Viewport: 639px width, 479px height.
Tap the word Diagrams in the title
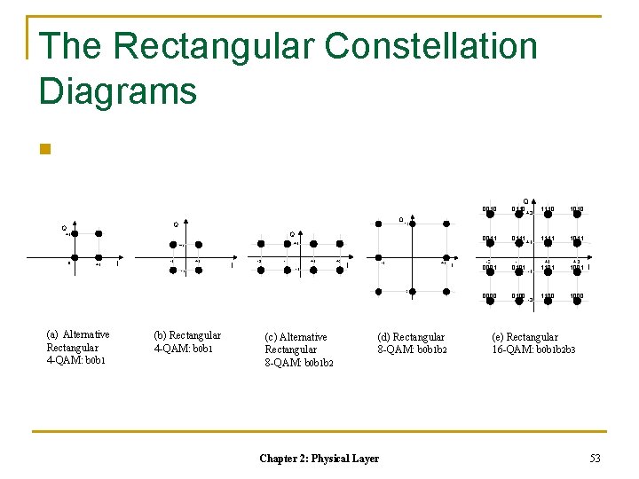[x=117, y=90]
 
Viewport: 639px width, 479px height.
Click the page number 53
[x=594, y=458]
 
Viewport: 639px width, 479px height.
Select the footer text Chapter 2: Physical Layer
[x=319, y=458]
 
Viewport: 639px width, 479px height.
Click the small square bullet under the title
[x=46, y=149]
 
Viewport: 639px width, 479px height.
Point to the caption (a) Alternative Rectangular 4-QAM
[x=78, y=347]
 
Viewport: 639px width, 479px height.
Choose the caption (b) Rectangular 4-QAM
[x=187, y=342]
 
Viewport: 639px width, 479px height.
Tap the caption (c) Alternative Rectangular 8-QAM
[x=298, y=349]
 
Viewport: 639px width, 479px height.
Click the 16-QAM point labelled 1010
[x=578, y=217]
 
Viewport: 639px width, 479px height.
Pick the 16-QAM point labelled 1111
[x=548, y=247]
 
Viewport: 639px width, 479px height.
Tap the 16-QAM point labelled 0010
[x=489, y=217]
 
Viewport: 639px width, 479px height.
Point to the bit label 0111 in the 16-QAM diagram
[x=518, y=239]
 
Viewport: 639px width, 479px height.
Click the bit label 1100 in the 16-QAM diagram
[x=548, y=296]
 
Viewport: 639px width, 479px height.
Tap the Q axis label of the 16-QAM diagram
[x=525, y=201]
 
